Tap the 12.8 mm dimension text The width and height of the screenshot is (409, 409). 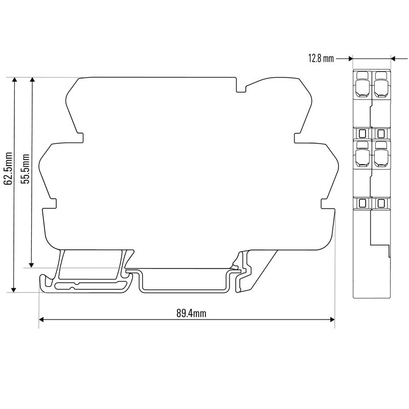[321, 58]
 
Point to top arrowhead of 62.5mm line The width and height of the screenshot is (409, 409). [14, 81]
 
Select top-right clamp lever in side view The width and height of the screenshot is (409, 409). [380, 85]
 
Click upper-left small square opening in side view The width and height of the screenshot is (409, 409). [362, 133]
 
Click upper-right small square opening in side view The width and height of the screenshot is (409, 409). [380, 133]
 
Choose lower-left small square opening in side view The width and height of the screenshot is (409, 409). [362, 203]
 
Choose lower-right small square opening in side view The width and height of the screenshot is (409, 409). [380, 203]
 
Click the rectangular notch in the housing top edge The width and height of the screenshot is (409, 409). [241, 87]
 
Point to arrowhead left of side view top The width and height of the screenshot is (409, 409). [350, 58]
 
